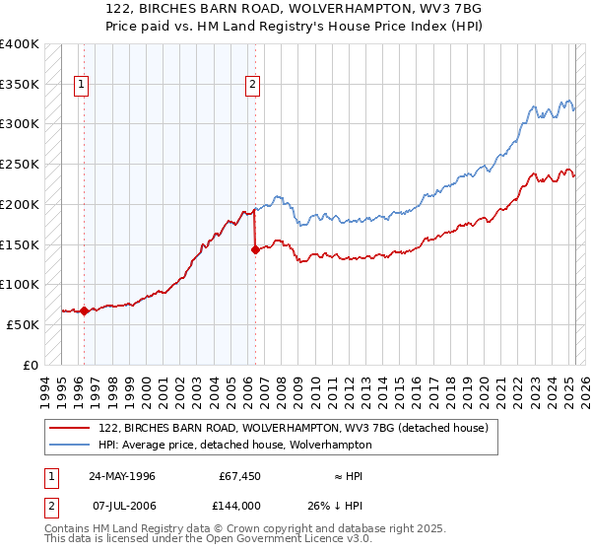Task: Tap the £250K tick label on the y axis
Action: tap(20, 164)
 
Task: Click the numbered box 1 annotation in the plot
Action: tap(81, 85)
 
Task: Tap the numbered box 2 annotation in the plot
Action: tap(253, 85)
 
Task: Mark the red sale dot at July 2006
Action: tap(254, 249)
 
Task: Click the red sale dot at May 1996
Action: tap(85, 310)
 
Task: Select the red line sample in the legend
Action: tap(68, 429)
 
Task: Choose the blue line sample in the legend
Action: tap(68, 446)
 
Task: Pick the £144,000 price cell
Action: tap(239, 506)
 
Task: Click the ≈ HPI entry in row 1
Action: tap(349, 476)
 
